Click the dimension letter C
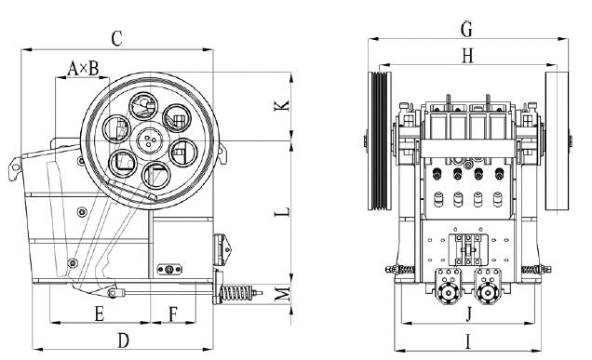tap(116, 38)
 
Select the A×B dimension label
tap(83, 69)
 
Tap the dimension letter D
tap(123, 340)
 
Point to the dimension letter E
tap(100, 313)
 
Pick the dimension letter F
tap(173, 314)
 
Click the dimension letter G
tap(466, 29)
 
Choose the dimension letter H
tap(467, 56)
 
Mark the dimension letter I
tap(468, 342)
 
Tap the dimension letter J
tap(468, 313)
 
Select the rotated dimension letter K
tap(282, 105)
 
